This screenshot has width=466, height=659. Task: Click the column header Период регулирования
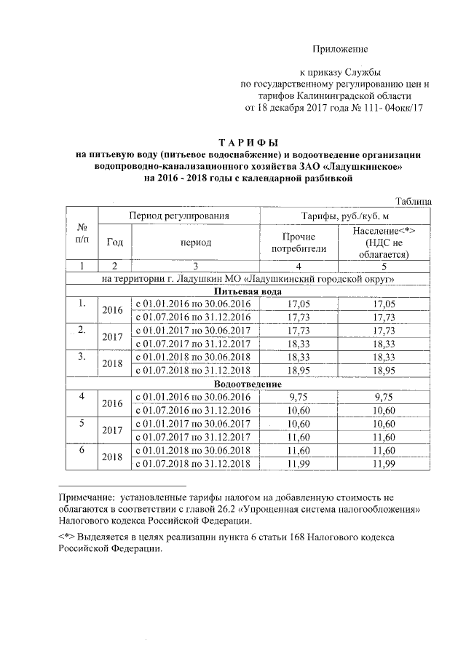(179, 216)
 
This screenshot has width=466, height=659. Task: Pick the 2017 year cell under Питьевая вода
(112, 337)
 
